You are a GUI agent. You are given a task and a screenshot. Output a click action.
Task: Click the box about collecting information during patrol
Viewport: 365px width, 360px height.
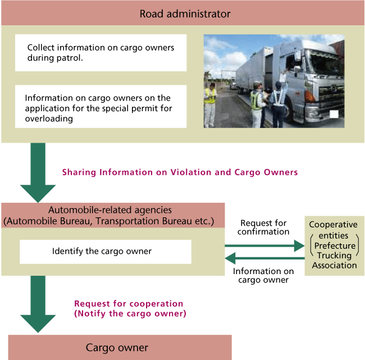coord(101,53)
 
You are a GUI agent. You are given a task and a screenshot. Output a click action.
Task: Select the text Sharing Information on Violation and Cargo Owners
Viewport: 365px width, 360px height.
coord(180,172)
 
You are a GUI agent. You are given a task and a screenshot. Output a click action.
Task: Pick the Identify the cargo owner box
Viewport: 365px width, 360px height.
coord(106,252)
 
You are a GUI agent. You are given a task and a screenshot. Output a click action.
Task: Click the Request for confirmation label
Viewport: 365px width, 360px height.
coord(263,227)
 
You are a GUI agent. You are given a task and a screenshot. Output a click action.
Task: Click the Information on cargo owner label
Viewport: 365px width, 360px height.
coord(263,276)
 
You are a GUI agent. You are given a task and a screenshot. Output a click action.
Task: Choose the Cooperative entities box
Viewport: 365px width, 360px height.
coord(334,245)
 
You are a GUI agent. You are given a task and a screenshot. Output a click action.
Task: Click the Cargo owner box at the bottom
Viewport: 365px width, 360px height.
coord(117,348)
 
